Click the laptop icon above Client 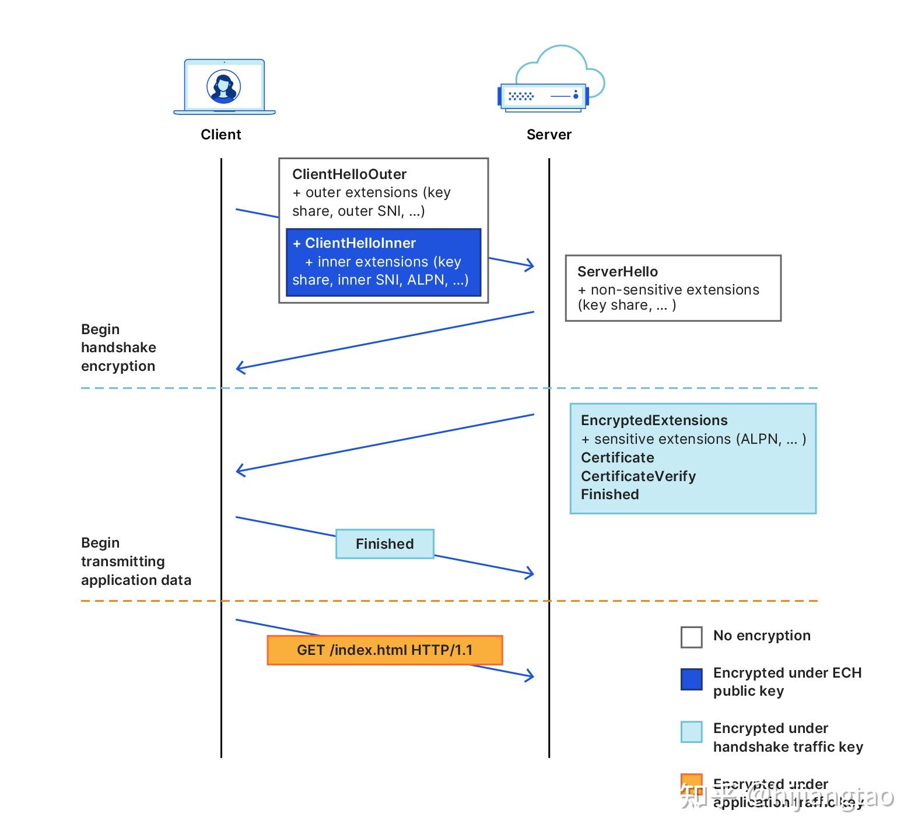pos(225,87)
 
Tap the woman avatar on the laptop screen pos(224,86)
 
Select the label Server pos(549,135)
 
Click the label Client pos(220,135)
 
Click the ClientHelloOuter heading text pos(349,174)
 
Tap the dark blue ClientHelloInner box pos(383,262)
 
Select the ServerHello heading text pos(617,272)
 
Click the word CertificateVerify pos(638,476)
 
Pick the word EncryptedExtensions pos(654,420)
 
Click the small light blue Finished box pos(384,544)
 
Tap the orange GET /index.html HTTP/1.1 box pos(384,650)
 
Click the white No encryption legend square pos(691,637)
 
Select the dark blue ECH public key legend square pos(691,679)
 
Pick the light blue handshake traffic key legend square pos(691,732)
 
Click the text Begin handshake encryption pos(118,348)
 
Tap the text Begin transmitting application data pos(135,562)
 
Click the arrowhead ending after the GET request pos(530,675)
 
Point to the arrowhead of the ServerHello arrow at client pos(239,368)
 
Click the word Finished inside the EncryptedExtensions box pos(609,495)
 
